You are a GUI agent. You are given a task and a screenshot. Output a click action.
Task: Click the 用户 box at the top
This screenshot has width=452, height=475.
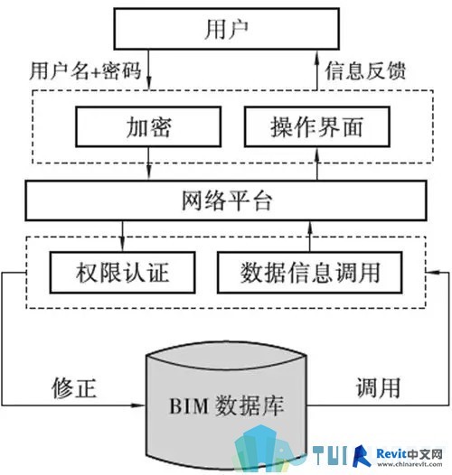tap(226, 29)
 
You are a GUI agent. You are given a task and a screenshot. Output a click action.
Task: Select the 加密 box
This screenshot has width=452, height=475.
tap(148, 126)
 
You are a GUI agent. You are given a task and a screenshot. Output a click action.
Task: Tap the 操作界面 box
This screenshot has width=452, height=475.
tap(317, 126)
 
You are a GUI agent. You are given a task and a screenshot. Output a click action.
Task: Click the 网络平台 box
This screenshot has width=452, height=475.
tap(226, 200)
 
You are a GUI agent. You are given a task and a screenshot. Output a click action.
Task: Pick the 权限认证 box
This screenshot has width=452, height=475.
tap(122, 273)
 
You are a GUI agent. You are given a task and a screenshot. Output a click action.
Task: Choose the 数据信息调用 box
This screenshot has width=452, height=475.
tap(310, 273)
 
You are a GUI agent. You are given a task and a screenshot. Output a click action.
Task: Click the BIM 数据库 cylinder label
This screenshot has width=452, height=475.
tap(226, 405)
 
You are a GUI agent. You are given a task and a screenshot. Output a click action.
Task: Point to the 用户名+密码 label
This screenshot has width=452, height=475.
tap(86, 70)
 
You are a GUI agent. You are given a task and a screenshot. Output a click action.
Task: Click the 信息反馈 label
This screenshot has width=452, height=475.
tap(365, 70)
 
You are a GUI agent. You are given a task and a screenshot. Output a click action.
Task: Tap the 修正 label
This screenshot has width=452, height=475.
tap(74, 387)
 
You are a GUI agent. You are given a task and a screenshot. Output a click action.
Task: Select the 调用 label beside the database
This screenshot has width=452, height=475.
tap(378, 387)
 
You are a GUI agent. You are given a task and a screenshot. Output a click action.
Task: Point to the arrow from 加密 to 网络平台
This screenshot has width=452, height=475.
tap(148, 163)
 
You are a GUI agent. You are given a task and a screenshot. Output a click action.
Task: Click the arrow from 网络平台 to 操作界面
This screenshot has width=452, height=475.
tap(317, 163)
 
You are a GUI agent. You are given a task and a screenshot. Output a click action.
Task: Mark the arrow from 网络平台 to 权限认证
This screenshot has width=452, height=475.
tap(122, 236)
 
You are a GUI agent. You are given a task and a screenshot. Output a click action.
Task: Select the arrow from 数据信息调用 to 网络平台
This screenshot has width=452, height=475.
tap(310, 236)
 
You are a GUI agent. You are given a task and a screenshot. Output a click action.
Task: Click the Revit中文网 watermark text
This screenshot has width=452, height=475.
tap(410, 454)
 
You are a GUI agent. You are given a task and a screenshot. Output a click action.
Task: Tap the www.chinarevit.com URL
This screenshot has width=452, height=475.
tap(410, 464)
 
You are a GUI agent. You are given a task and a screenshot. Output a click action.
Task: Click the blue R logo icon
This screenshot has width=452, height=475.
tap(363, 456)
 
